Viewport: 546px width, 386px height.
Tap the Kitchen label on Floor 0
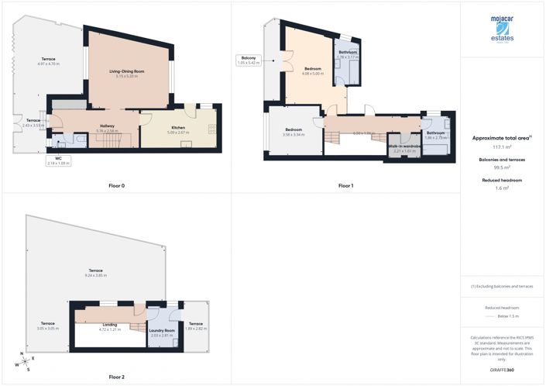pos(178,130)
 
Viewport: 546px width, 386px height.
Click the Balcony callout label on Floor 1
pos(248,60)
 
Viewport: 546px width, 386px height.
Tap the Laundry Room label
pos(161,333)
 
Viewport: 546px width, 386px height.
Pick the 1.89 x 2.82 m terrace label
pos(195,326)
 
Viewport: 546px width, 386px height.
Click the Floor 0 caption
pos(116,186)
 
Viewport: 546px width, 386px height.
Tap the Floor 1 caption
pos(346,186)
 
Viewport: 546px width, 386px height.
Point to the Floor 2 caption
pos(116,377)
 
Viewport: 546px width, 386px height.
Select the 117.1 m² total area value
pos(502,146)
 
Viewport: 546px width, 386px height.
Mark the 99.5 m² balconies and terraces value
pos(502,167)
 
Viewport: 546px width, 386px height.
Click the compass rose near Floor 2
pos(26,362)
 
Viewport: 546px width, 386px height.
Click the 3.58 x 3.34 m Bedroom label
pos(294,132)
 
